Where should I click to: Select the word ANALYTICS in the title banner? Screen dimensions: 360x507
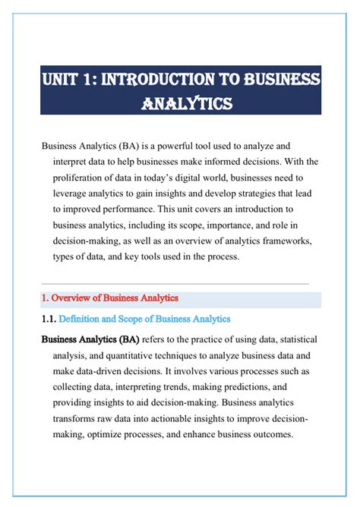point(181,102)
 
